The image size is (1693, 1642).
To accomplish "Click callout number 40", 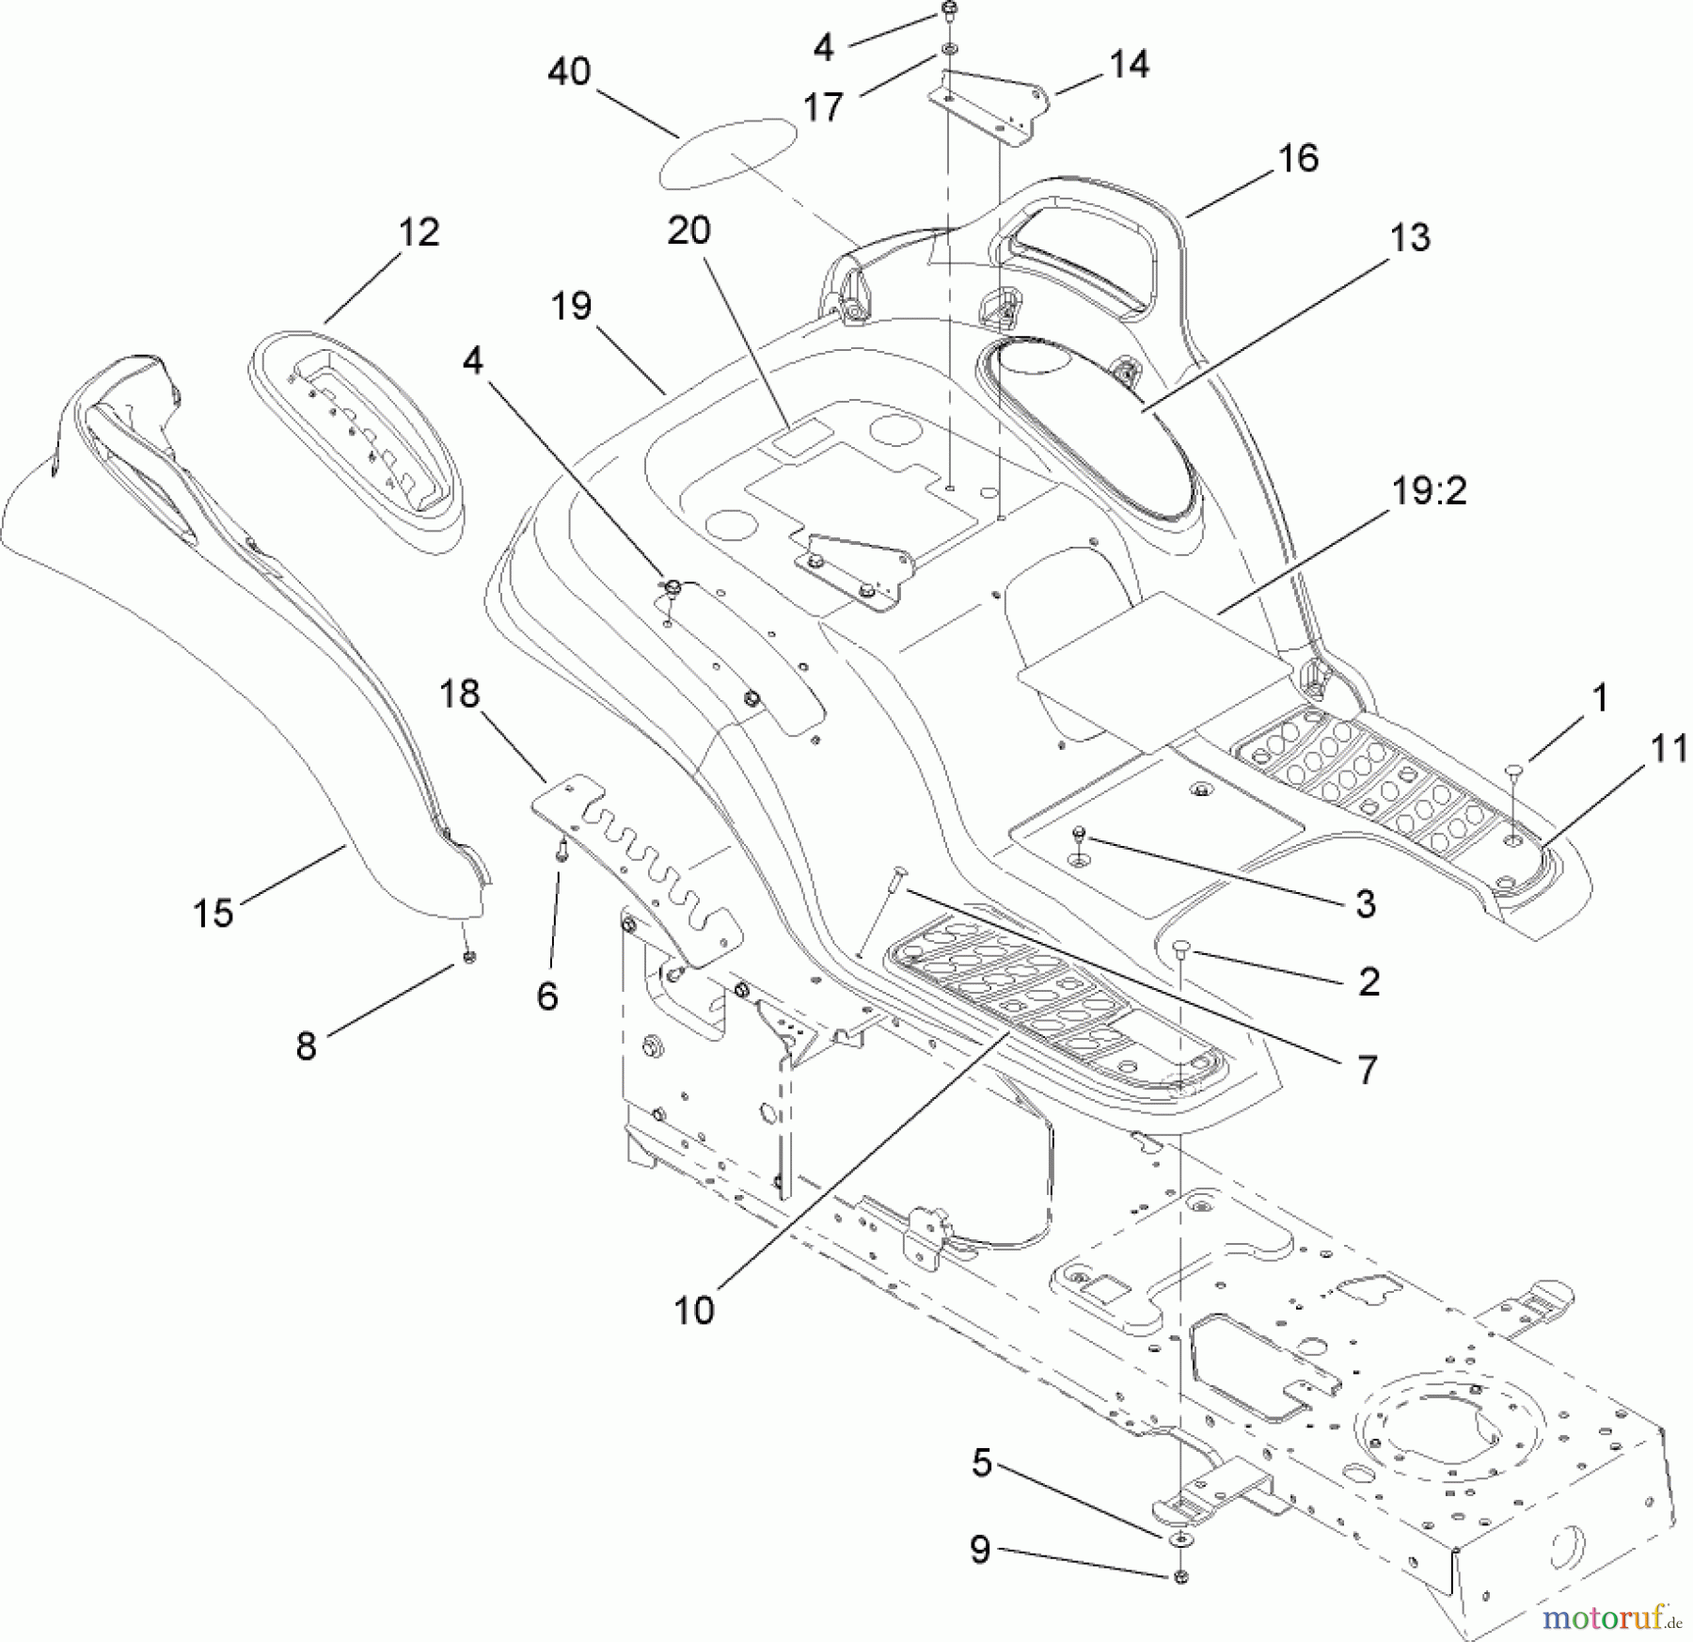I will coord(569,72).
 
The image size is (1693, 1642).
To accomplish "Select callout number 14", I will coord(1129,64).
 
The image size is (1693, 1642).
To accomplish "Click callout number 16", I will coord(1299,158).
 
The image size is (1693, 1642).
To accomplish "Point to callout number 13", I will coord(1410,238).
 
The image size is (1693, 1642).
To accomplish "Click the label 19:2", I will coord(1429,491).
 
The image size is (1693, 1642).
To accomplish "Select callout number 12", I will coord(419,231).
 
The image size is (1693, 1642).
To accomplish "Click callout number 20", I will coord(689,231).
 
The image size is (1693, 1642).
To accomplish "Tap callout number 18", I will coord(460,694).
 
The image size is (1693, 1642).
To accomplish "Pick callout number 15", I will coord(213,912).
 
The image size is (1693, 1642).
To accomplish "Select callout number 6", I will coord(547,995).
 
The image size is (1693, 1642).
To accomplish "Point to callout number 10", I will coord(694,1310).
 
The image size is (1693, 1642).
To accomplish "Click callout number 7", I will coord(1367,1069).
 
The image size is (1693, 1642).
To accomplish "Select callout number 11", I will coord(1669,749).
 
